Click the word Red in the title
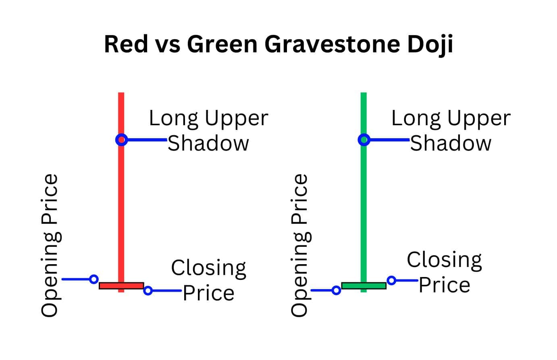point(126,44)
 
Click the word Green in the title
point(222,44)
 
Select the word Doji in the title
point(430,45)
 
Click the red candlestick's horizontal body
point(121,286)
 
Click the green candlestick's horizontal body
point(364,286)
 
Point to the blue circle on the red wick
point(122,140)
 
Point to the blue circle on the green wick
point(364,140)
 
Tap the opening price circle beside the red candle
point(94,279)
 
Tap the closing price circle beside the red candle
point(148,290)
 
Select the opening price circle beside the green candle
point(336,290)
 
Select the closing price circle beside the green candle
point(391,281)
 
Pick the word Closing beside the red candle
point(209,269)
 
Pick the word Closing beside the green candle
point(445,261)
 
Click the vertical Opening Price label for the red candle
point(51,246)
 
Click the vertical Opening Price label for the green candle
point(301,246)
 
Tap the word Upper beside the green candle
point(479,119)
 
